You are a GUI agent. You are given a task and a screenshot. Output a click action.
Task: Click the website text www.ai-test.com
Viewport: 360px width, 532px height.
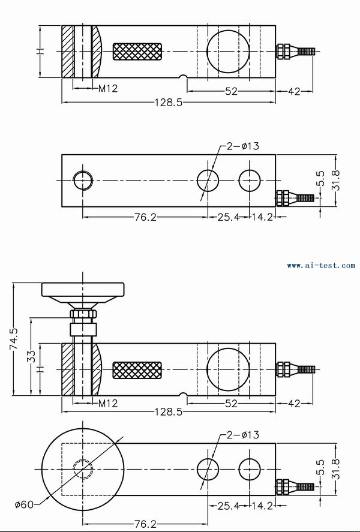320,265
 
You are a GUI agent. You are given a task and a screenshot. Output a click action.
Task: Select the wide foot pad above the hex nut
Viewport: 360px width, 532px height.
83,290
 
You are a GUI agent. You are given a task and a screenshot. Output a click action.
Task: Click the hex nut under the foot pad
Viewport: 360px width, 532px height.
83,314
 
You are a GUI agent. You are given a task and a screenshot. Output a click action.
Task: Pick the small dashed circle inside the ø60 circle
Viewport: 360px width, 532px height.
83,468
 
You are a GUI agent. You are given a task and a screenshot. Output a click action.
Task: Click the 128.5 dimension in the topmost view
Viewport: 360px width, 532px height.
169,103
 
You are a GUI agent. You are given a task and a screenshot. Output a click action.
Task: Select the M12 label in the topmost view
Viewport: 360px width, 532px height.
108,89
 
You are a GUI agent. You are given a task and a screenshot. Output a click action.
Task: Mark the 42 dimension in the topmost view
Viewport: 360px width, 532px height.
294,92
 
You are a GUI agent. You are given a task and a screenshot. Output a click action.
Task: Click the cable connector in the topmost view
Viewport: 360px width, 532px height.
294,52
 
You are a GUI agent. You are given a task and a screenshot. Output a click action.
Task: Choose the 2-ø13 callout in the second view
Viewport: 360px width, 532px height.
242,146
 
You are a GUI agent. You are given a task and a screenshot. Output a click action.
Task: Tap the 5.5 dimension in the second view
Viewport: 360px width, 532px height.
320,178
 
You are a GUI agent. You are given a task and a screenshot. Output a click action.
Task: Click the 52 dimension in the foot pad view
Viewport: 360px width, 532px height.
231,404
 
